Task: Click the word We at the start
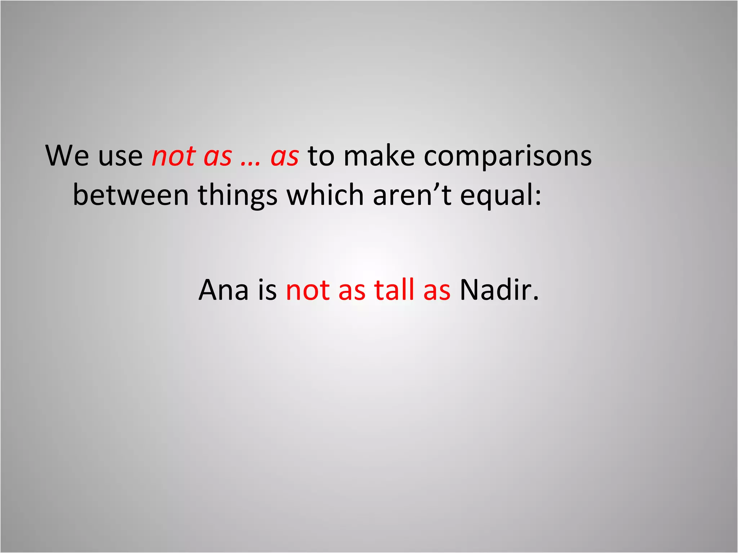point(67,156)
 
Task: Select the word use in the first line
point(120,157)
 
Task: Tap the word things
point(238,196)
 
